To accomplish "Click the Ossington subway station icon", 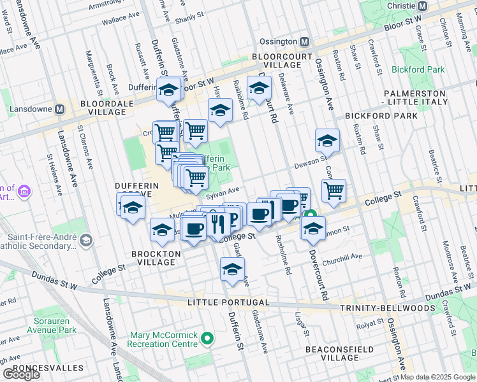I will pos(304,42).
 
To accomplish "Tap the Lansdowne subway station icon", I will pos(60,109).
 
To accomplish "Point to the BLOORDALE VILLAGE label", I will pos(103,107).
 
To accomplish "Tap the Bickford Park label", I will pos(418,69).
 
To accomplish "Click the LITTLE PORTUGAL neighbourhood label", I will pos(233,302).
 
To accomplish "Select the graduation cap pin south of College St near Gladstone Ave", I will pos(233,268).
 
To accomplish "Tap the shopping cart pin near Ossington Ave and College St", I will pos(334,189).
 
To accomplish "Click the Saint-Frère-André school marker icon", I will pos(86,239).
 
